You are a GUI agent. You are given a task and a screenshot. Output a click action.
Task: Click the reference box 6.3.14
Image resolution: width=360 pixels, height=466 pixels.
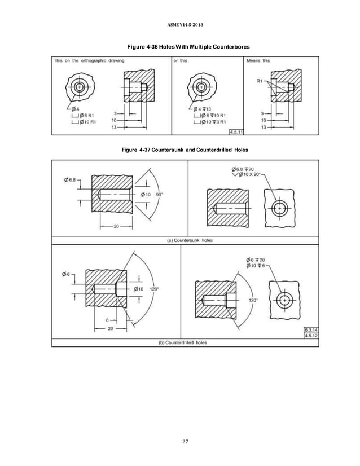(x=310, y=330)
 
